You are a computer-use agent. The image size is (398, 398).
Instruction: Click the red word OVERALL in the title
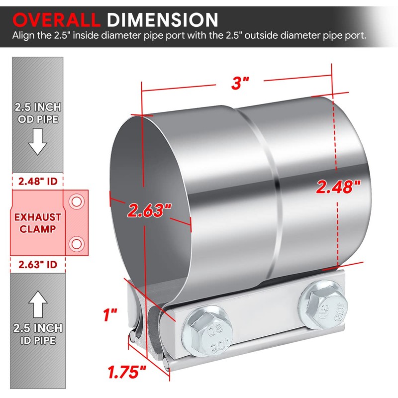(56, 20)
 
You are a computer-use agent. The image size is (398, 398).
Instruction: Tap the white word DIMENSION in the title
(163, 20)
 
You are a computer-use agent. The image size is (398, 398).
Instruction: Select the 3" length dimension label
(240, 83)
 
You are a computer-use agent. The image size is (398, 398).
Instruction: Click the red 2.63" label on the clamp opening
(149, 210)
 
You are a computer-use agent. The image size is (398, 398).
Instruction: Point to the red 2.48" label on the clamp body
(338, 187)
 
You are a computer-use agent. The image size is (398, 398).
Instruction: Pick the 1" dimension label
(110, 315)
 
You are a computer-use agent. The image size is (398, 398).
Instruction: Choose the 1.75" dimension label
(127, 372)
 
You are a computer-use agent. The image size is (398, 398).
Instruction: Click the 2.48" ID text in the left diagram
(38, 182)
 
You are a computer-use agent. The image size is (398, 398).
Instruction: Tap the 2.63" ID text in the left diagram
(38, 265)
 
